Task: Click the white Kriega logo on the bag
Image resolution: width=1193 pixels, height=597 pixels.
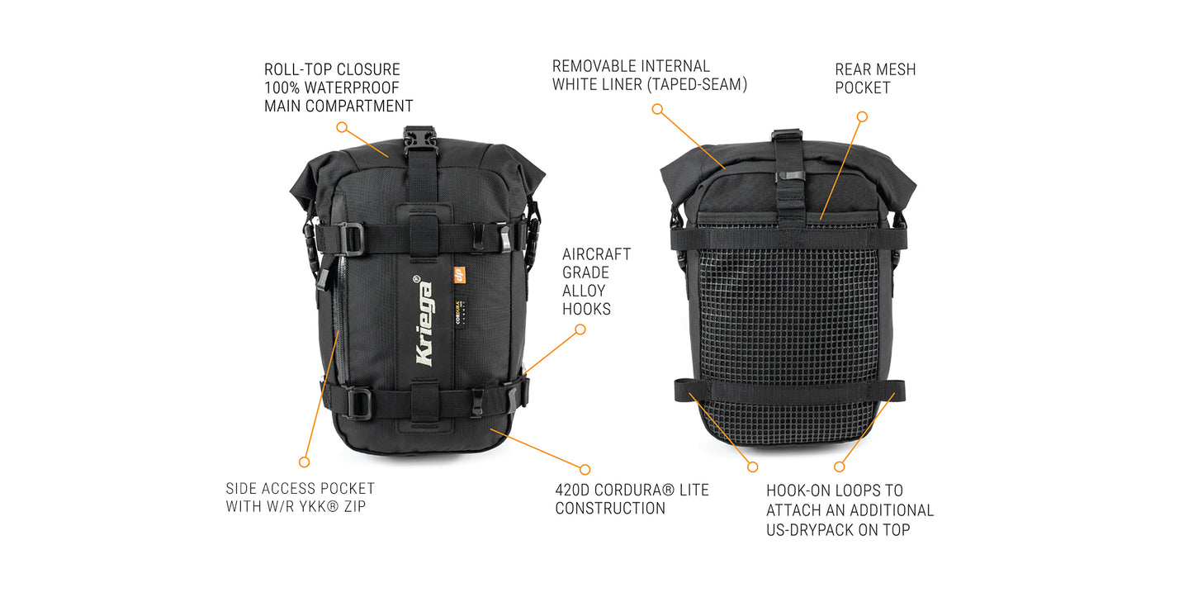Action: coord(424,321)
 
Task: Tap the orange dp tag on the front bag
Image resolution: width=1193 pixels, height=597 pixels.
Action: coord(459,275)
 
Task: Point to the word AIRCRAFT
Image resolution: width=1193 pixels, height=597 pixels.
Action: coord(596,254)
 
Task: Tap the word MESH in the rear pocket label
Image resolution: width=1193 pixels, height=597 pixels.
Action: coord(897,69)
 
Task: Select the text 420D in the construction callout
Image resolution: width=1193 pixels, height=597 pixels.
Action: coord(572,490)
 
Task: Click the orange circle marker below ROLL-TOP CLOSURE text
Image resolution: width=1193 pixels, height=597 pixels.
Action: coord(342,127)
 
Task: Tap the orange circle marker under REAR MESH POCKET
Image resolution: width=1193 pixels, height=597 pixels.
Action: coord(862,116)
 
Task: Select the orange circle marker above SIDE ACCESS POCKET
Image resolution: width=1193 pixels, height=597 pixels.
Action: coord(304,462)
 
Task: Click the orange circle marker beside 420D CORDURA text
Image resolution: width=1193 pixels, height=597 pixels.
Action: coord(585,469)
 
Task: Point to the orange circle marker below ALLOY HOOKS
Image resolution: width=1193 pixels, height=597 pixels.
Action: coord(580,329)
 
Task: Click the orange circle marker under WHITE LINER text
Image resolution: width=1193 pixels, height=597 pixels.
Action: coord(657,109)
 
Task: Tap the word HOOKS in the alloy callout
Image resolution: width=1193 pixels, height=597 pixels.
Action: coord(586,309)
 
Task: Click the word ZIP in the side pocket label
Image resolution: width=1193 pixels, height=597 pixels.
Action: coord(355,506)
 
